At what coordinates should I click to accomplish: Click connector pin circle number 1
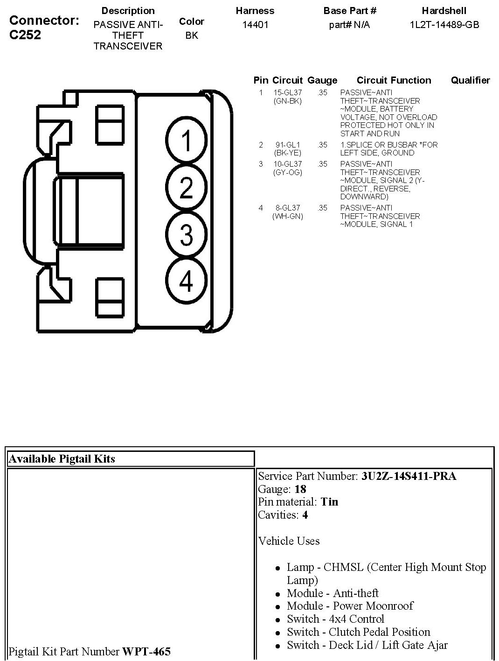pos(186,141)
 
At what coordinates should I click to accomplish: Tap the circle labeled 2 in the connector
pos(186,188)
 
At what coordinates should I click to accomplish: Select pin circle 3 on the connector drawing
pos(186,234)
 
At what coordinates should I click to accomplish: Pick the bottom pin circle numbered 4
pos(186,281)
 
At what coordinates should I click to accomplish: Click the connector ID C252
pos(25,35)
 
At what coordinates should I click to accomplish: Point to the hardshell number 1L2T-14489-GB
pos(444,25)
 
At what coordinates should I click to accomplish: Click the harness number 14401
pos(255,25)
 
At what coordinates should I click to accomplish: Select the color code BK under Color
pos(192,35)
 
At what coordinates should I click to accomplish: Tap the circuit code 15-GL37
pos(288,93)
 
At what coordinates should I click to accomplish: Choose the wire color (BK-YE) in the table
pos(288,153)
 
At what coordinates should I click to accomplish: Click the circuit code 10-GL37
pos(288,164)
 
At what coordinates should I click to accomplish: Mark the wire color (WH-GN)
pos(288,216)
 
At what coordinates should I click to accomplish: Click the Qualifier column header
pos(470,80)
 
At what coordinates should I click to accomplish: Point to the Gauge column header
pos(322,80)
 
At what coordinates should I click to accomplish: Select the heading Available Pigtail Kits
pos(62,459)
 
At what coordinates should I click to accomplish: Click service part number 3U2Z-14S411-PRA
pos(409,476)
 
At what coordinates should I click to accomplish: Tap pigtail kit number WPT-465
pos(146,651)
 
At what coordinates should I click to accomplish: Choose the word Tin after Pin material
pos(329,502)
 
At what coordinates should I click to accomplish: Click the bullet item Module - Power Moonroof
pos(350,606)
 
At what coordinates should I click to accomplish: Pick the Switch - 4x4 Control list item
pos(335,619)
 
